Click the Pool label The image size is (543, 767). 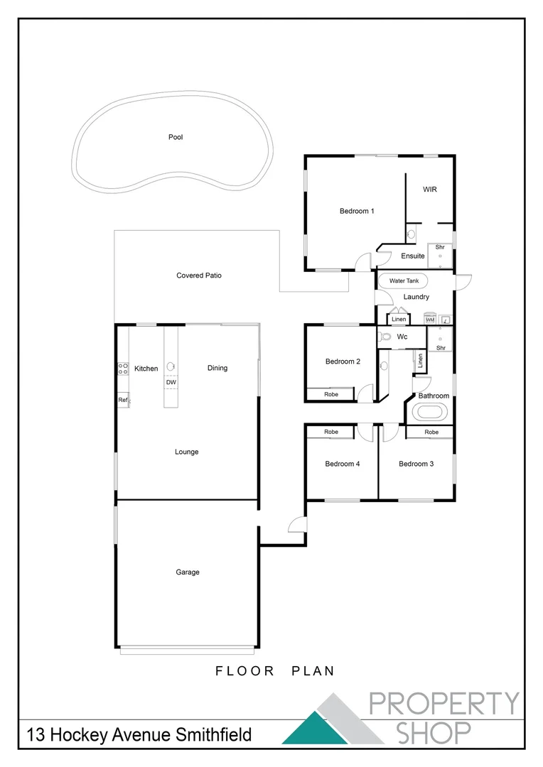pyautogui.click(x=176, y=137)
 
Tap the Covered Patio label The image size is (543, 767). pyautogui.click(x=199, y=276)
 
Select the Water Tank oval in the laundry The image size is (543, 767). pyautogui.click(x=404, y=281)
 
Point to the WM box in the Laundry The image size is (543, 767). pyautogui.click(x=430, y=320)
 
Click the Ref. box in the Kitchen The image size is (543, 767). pyautogui.click(x=123, y=401)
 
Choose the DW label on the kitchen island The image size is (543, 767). pyautogui.click(x=171, y=383)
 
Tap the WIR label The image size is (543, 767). pyautogui.click(x=429, y=190)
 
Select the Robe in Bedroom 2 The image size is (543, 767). pyautogui.click(x=331, y=394)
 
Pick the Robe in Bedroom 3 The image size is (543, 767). pyautogui.click(x=431, y=432)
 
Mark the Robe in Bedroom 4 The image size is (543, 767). pyautogui.click(x=331, y=432)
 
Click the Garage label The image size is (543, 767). pyautogui.click(x=188, y=572)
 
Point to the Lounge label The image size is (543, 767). pyautogui.click(x=187, y=452)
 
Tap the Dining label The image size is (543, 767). pyautogui.click(x=217, y=368)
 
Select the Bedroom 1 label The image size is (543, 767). pyautogui.click(x=357, y=211)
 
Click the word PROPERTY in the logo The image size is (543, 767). pyautogui.click(x=444, y=703)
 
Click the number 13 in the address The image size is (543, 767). pyautogui.click(x=38, y=734)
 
